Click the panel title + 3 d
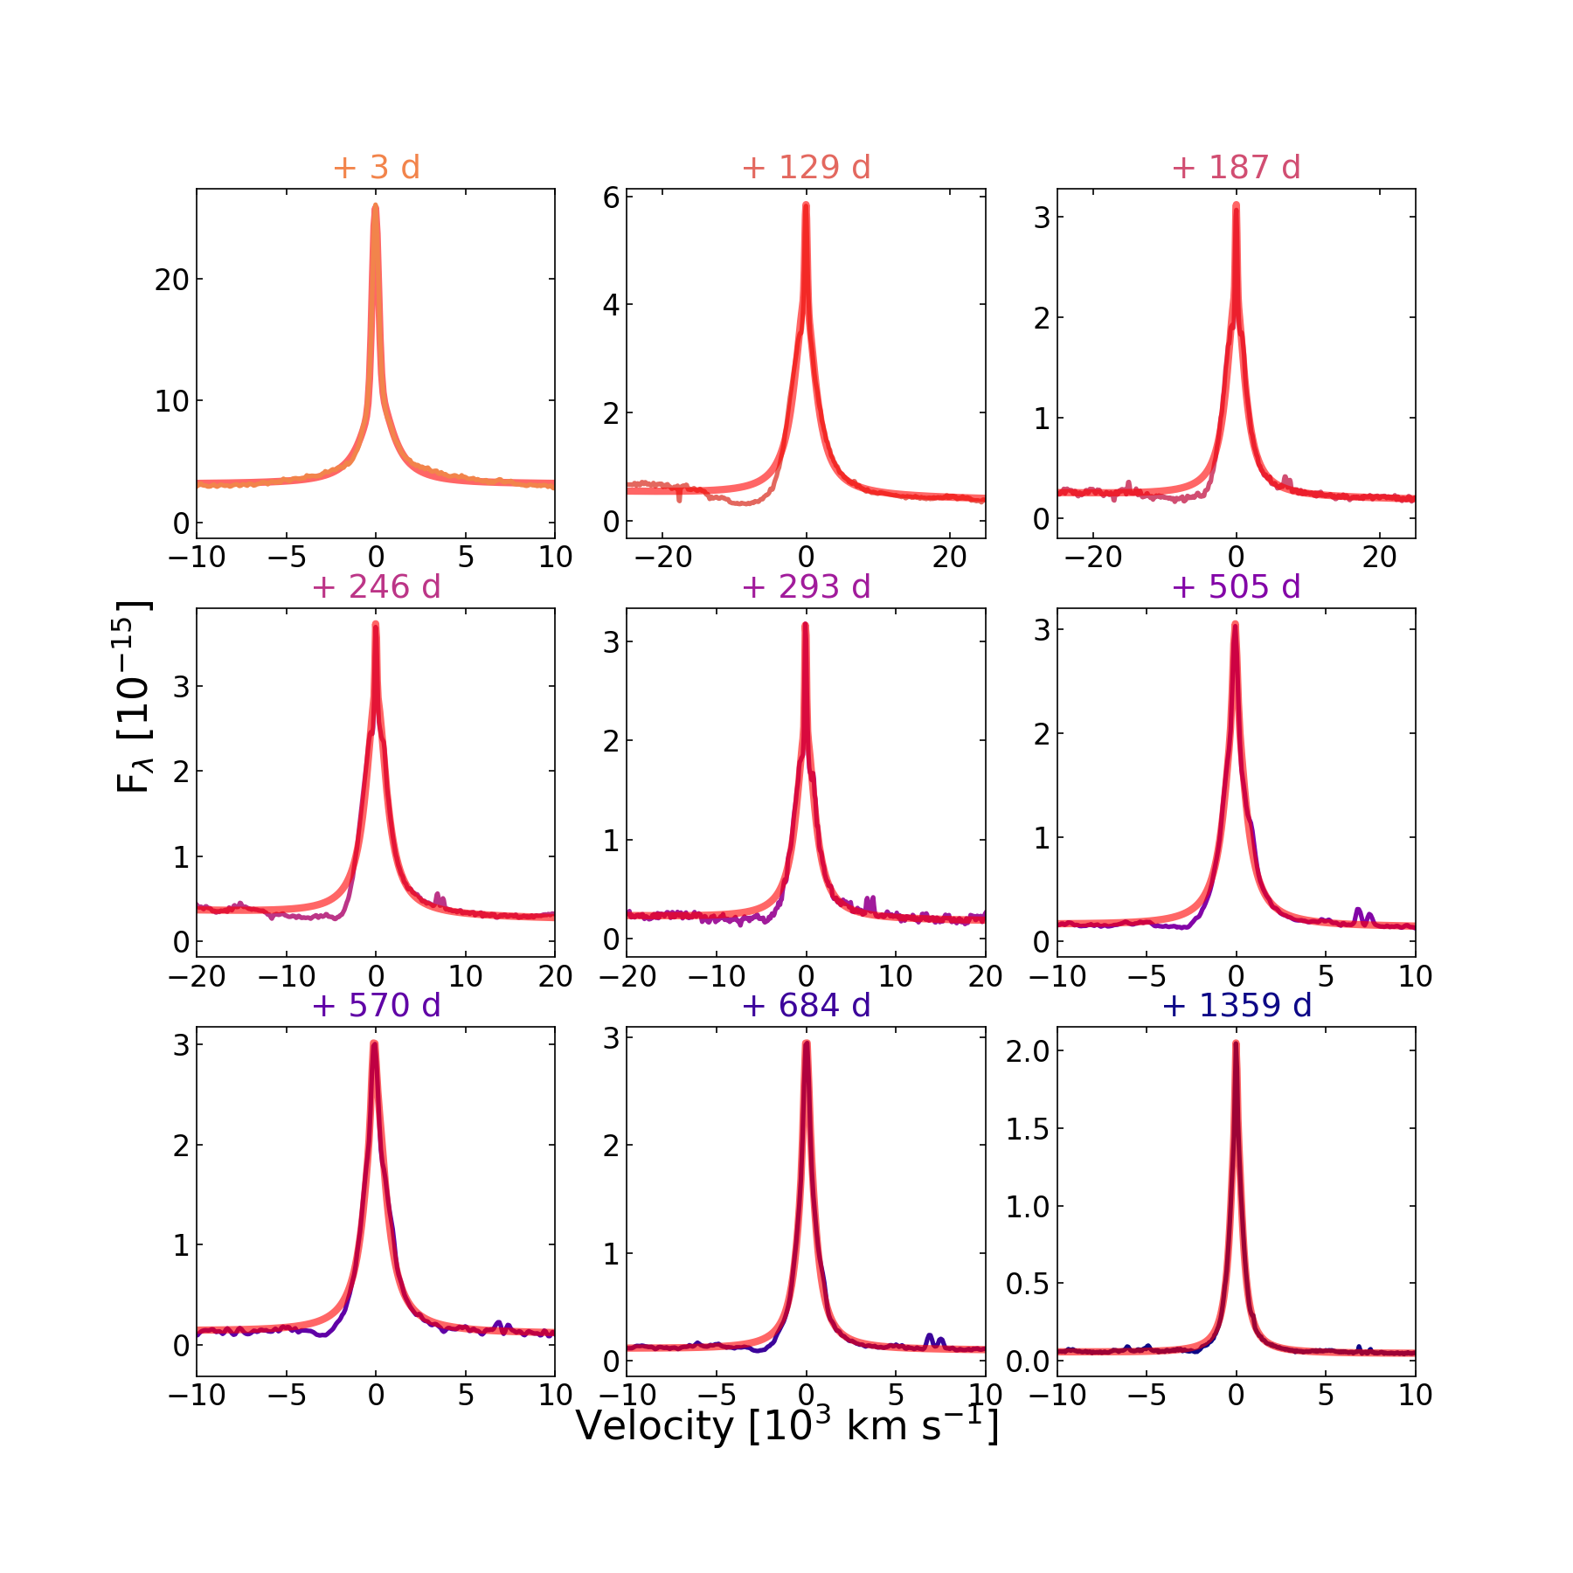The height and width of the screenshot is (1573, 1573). (376, 167)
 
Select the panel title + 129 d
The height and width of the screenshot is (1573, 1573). (806, 167)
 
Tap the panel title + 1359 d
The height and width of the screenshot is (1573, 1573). (1237, 1005)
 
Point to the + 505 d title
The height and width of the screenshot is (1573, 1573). (1236, 586)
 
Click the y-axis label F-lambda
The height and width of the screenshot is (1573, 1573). (133, 696)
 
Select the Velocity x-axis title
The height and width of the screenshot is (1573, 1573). (786, 1427)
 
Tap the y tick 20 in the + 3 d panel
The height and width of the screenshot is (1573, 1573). (171, 280)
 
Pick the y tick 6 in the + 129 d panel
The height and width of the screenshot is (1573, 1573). (611, 197)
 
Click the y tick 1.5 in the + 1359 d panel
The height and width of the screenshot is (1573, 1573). (1028, 1128)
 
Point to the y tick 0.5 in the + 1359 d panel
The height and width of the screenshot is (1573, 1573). (1028, 1283)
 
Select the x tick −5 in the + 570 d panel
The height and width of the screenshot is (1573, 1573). (286, 1395)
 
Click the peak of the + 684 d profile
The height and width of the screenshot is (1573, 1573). (806, 1043)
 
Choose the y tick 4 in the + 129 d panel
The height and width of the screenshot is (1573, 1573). (611, 305)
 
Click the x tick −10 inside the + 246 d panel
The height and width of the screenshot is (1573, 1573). (286, 976)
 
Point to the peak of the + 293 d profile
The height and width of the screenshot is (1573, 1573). (805, 625)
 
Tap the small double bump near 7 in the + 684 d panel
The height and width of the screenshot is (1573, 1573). (934, 1340)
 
